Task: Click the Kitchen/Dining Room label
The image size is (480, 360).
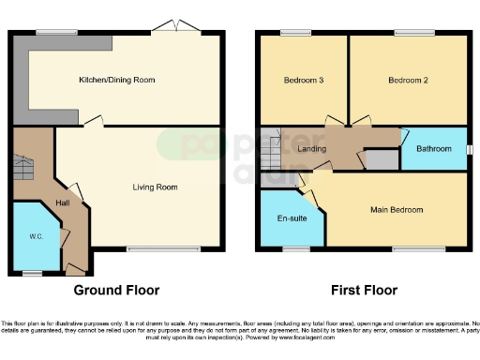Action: click(x=117, y=81)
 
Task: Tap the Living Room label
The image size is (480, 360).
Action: click(x=155, y=187)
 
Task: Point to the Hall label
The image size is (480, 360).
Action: click(x=63, y=202)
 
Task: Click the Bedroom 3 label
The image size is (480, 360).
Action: click(x=303, y=81)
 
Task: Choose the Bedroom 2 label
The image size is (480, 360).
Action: click(x=408, y=81)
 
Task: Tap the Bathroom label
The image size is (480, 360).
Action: click(x=434, y=149)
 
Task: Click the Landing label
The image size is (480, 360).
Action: click(x=311, y=149)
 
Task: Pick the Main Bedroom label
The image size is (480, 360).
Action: click(x=396, y=210)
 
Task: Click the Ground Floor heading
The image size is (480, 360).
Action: click(x=116, y=290)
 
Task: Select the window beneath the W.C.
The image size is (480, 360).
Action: click(x=33, y=273)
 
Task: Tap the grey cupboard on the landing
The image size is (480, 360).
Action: click(x=380, y=159)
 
